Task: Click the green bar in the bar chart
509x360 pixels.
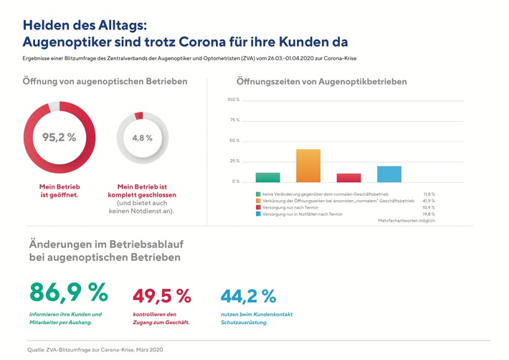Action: click(267, 177)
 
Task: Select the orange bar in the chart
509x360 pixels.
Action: click(308, 166)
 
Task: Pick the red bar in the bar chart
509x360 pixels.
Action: click(348, 178)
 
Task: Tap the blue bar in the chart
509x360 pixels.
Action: click(389, 174)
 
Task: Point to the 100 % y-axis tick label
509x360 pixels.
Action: click(233, 100)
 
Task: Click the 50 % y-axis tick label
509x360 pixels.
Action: click(234, 141)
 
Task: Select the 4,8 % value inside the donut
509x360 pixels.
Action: click(142, 138)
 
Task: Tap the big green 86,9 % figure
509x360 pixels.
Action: click(68, 293)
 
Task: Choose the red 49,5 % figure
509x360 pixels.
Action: click(162, 295)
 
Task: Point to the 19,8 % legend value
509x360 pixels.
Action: click(427, 214)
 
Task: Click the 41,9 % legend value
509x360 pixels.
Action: click(427, 201)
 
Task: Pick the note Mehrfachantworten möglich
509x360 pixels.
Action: click(406, 222)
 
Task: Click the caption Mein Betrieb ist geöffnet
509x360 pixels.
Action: click(60, 189)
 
